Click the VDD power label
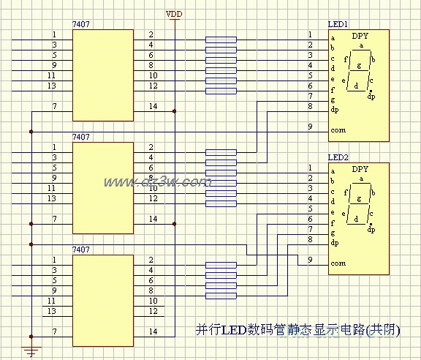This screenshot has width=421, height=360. tap(175, 14)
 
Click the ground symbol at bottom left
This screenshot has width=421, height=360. tap(31, 352)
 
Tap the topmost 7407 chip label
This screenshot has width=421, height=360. tap(81, 25)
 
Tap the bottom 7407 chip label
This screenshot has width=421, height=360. tap(81, 250)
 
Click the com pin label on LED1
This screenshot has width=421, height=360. tap(338, 130)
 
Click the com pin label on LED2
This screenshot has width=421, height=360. tap(338, 263)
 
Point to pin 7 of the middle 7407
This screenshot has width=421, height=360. tap(53, 219)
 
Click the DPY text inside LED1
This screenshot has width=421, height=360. tap(360, 35)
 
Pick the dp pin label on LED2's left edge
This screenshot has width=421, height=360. tap(335, 242)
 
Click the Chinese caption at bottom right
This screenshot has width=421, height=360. tap(299, 329)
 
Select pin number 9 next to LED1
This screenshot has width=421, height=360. tap(310, 127)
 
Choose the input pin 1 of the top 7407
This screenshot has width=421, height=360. tap(53, 34)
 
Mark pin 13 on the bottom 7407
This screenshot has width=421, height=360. tap(52, 311)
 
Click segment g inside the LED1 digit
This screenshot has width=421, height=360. tap(359, 66)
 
